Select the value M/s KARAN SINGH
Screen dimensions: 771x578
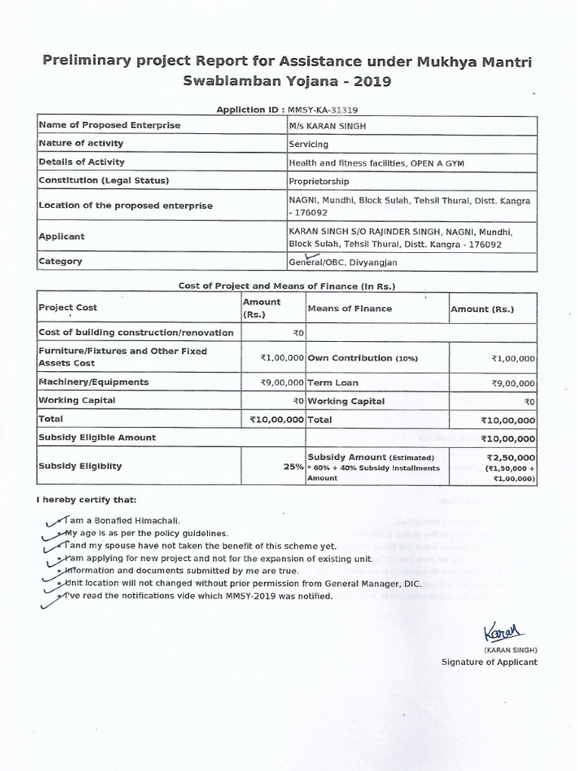(327, 126)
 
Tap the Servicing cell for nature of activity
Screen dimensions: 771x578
(309, 144)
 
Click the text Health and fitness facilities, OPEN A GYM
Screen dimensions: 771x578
(373, 163)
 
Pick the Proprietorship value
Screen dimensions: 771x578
(319, 181)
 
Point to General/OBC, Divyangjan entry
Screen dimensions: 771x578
(343, 263)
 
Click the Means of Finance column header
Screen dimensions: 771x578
(349, 308)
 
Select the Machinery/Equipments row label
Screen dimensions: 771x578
(93, 382)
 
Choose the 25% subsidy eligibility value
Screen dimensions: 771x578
(293, 466)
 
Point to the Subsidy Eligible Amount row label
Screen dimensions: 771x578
(97, 437)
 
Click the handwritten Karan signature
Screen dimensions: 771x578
(503, 630)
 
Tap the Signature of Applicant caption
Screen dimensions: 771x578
(489, 662)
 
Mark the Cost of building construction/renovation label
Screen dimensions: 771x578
(135, 332)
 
